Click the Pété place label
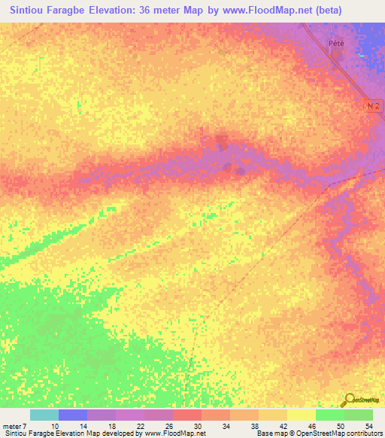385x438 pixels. (x=336, y=43)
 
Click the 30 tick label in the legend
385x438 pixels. (x=199, y=426)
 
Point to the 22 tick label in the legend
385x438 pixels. (x=141, y=426)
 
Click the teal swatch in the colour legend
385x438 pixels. (x=44, y=415)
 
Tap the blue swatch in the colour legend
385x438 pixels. (x=73, y=415)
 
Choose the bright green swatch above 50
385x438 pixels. (x=329, y=415)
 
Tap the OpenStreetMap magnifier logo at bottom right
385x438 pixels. (x=350, y=400)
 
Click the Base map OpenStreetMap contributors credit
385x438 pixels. (x=317, y=434)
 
